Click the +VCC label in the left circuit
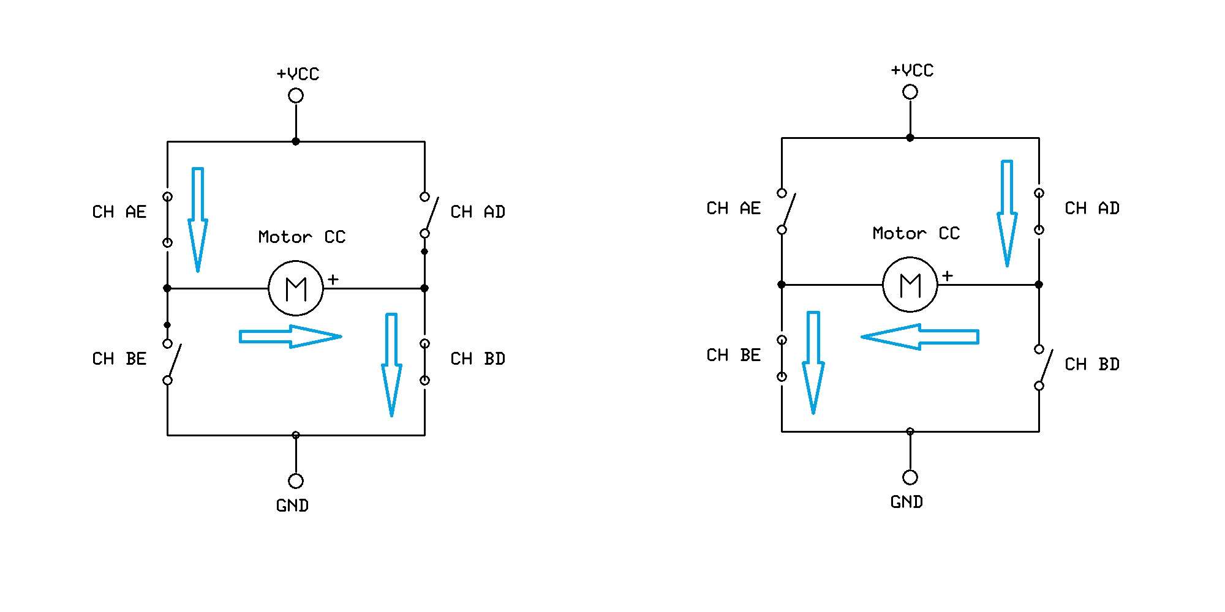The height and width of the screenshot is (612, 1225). pos(298,74)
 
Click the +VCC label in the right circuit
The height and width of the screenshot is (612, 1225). pos(912,70)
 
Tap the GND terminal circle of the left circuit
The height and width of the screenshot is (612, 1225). pos(296,481)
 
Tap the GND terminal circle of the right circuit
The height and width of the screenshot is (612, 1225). pos(910,477)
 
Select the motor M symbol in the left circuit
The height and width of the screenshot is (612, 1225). pos(296,288)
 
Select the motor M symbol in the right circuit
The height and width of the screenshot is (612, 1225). pos(910,285)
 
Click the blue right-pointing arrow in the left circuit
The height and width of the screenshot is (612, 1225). pos(290,337)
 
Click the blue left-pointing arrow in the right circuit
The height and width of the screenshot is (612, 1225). pos(920,337)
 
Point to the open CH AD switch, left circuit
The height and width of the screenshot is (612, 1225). pos(429,215)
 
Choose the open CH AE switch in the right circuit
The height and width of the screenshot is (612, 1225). pos(786,211)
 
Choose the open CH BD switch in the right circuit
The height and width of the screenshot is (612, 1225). pos(1044,367)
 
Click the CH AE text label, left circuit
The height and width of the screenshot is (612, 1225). pos(119,212)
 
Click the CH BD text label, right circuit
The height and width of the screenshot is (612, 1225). pos(1092,364)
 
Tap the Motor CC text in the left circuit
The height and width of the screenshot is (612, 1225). pos(302,237)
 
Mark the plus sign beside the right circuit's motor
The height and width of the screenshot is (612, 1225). pos(948,276)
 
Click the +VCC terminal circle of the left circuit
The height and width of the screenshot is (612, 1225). pos(296,95)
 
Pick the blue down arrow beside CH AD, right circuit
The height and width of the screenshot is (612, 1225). pos(1007,214)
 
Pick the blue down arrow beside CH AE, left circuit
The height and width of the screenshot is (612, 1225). pos(197,220)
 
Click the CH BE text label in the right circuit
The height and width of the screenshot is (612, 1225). pos(734,355)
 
